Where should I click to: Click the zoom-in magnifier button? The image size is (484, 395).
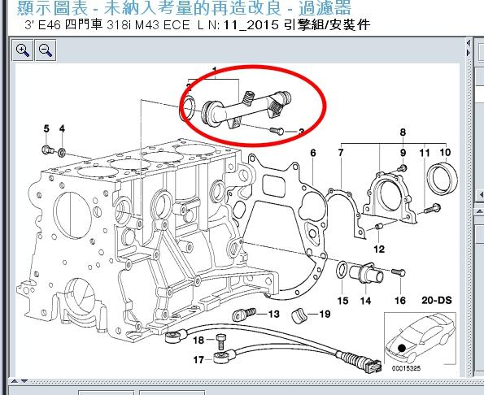point(23,50)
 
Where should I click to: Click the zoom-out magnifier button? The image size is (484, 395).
point(46,50)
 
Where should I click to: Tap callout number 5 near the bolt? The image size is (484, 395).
point(46,128)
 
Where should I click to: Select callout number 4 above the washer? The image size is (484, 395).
point(62,128)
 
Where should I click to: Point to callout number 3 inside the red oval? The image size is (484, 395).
point(301,132)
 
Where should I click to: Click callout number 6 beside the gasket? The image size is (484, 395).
point(312,152)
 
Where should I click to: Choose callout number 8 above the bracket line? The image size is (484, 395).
point(402,132)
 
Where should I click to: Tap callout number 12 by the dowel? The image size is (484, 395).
point(379,249)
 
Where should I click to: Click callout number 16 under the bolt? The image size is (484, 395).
point(399,300)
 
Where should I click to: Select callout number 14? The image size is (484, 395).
point(365,301)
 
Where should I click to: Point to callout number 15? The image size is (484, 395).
point(342,301)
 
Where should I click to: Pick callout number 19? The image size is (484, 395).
point(324,314)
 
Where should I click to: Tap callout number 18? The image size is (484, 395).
point(198,340)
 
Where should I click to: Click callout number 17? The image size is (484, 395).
point(198,358)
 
